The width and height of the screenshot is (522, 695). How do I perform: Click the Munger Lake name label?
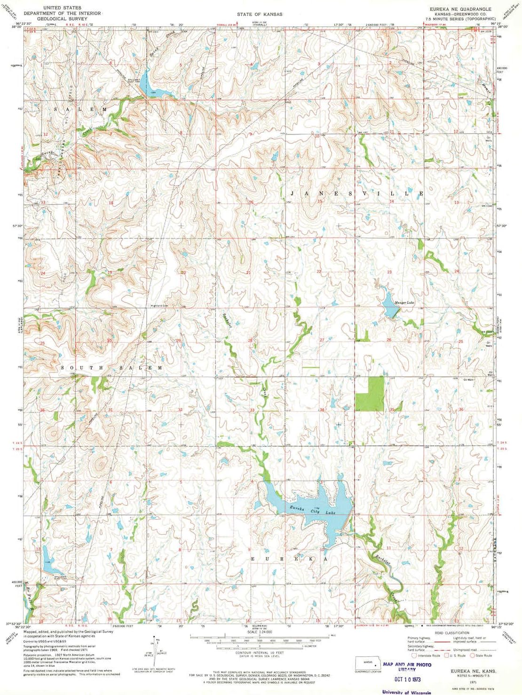pos(404,302)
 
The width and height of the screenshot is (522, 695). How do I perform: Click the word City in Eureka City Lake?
pos(315,511)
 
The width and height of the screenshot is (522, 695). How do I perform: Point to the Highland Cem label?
pos(159,306)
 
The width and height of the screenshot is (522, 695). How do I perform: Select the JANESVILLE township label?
pos(357,193)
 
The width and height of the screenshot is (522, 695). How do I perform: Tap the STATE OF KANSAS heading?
pos(260,14)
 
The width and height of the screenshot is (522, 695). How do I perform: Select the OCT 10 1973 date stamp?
pos(407,679)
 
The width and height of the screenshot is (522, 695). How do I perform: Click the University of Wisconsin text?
pos(407,692)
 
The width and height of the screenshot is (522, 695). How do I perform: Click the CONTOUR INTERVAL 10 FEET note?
pos(260,653)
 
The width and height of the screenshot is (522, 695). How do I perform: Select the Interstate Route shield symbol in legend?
pos(414,655)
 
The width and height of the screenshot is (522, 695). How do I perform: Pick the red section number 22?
pos(319,272)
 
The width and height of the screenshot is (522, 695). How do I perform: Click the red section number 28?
pos(250,340)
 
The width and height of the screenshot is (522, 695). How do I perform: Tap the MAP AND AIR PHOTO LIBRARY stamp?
pos(407,666)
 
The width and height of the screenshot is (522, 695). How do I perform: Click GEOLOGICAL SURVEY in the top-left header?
pos(62,19)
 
